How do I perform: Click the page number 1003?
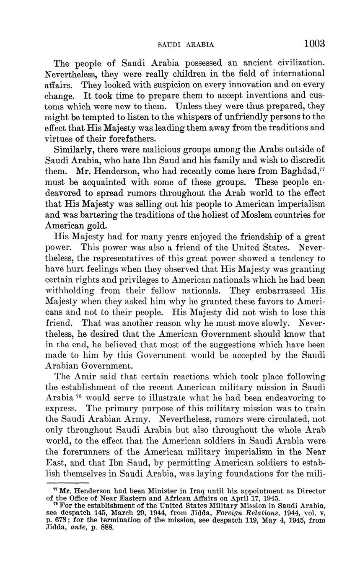pyautogui.click(x=314, y=44)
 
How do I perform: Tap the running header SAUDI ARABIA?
pyautogui.click(x=186, y=45)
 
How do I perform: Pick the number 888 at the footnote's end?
pyautogui.click(x=106, y=527)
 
